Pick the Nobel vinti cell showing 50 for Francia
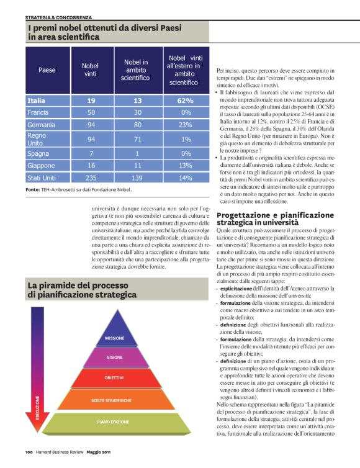point(91,112)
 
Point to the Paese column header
point(47,70)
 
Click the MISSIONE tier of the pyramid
point(114,338)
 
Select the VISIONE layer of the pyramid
point(114,358)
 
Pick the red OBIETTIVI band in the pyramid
point(114,378)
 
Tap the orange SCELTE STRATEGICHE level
point(115,400)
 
